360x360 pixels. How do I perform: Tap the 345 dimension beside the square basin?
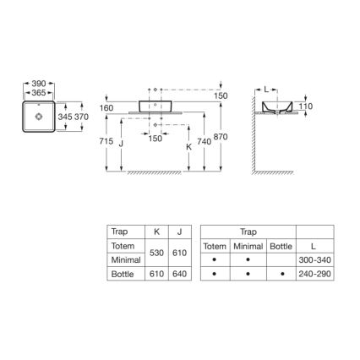tap(63, 115)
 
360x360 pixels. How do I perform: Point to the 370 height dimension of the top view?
tap(81, 115)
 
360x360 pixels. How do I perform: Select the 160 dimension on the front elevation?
tap(106, 108)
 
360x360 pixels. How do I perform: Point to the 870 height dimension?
tap(222, 136)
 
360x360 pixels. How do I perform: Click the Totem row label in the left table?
tap(121, 245)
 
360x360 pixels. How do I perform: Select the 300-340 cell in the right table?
tap(315, 259)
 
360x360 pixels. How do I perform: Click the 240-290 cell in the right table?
tap(315, 274)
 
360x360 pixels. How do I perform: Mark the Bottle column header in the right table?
tap(280, 245)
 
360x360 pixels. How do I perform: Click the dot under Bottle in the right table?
tap(280, 274)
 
